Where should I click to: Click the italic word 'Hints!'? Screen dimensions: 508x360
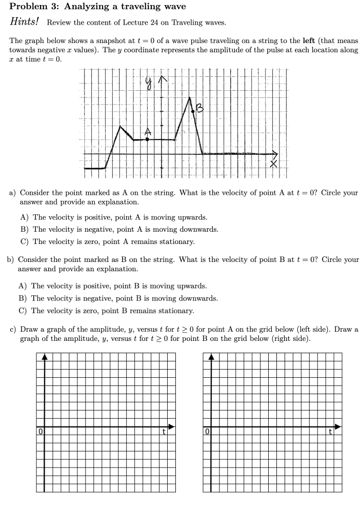25,22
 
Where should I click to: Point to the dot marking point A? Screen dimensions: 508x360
148,138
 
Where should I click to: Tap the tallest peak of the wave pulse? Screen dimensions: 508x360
189,97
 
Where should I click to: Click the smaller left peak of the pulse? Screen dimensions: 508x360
121,126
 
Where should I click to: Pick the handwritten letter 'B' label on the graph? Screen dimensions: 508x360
201,108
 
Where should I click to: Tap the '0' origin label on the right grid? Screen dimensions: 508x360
207,430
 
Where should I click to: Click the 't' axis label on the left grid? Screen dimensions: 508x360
164,431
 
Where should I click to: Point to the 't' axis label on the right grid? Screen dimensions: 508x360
331,431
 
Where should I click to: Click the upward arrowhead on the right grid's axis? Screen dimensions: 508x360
212,357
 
